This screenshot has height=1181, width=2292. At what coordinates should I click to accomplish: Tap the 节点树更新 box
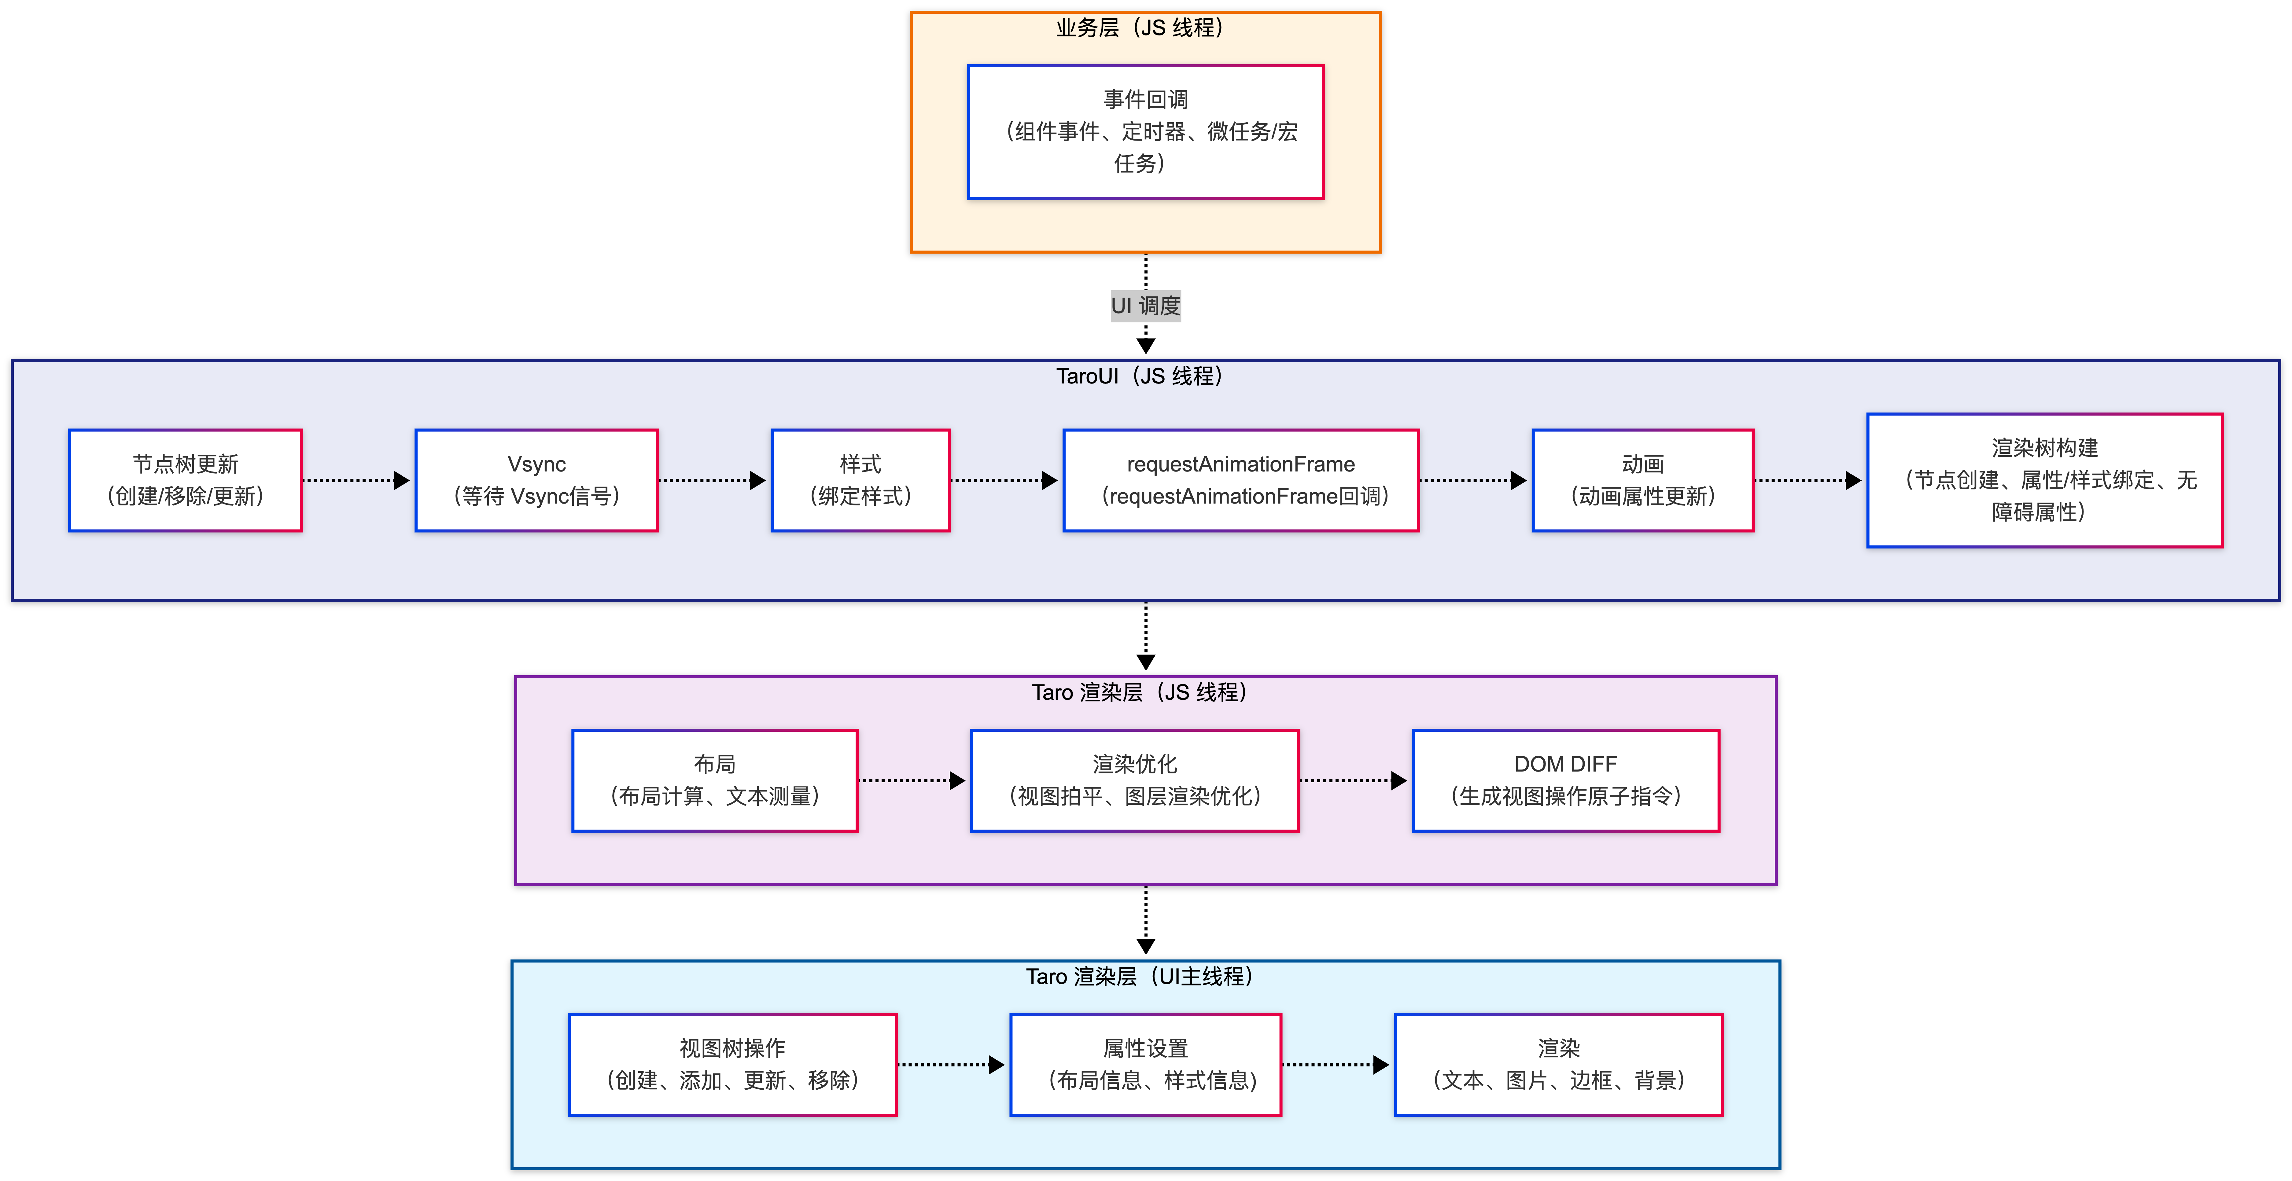185,480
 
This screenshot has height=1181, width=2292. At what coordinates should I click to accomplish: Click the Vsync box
536,480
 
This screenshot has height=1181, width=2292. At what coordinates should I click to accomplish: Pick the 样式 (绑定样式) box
860,480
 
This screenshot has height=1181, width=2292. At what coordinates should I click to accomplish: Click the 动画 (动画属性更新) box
1642,480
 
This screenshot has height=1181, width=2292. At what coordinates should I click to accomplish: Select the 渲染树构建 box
2045,480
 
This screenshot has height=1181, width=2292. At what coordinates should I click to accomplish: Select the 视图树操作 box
732,1065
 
